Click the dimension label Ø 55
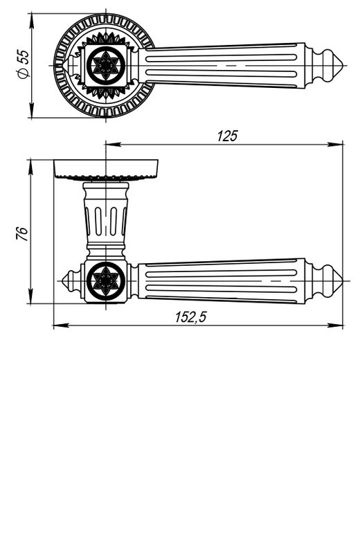click(24, 64)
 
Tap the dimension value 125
click(228, 136)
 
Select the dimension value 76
click(22, 233)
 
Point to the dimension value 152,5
click(190, 317)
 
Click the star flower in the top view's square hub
click(106, 65)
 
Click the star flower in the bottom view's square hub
click(106, 281)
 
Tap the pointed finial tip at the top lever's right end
click(343, 65)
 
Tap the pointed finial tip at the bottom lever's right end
click(342, 281)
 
